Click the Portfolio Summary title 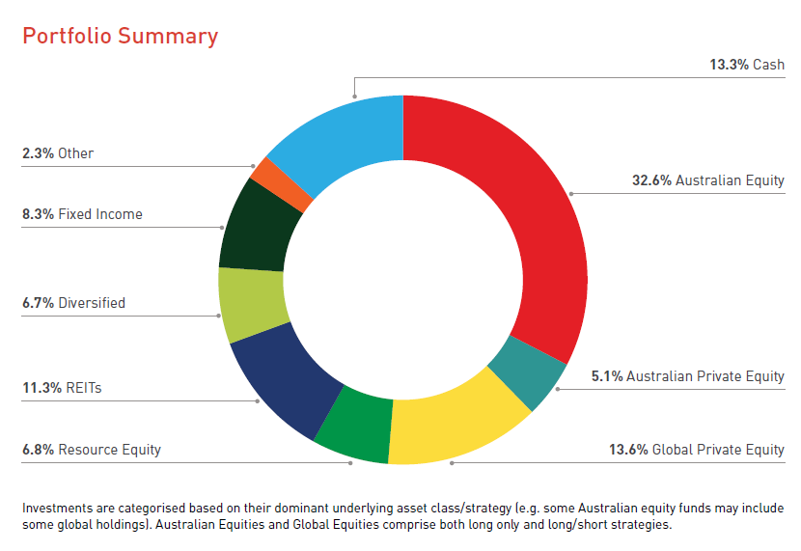click(x=120, y=37)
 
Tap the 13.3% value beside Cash click(x=729, y=65)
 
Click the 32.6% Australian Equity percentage click(x=651, y=180)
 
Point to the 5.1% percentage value click(x=606, y=376)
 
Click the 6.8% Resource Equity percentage click(x=38, y=450)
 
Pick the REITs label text click(x=84, y=388)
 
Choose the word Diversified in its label click(x=92, y=303)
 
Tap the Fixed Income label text click(x=100, y=214)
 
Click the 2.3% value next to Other click(x=38, y=153)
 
